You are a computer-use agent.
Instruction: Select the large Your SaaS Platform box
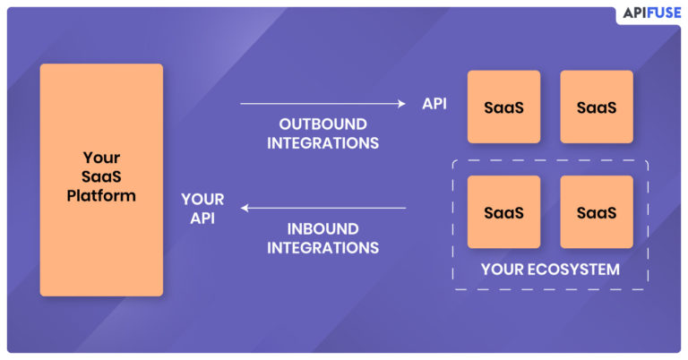coord(101,179)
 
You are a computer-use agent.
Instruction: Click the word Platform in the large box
coord(101,195)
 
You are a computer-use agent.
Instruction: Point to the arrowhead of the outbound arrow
coord(402,104)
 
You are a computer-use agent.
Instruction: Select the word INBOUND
coord(322,228)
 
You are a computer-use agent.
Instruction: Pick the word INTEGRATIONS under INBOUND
coord(322,247)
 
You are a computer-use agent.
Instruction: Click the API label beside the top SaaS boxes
coord(434,103)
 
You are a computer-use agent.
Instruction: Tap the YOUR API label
coord(202,208)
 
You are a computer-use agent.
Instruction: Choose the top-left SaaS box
coord(503,107)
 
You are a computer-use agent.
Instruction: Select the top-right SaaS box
coord(596,107)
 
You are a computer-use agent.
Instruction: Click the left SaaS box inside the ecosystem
coord(503,211)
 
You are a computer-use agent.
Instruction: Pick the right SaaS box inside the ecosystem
coord(596,211)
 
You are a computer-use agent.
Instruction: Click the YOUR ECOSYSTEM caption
coord(550,269)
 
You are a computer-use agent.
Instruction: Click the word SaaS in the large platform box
coord(101,176)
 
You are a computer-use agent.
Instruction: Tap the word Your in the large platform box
coord(101,158)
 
